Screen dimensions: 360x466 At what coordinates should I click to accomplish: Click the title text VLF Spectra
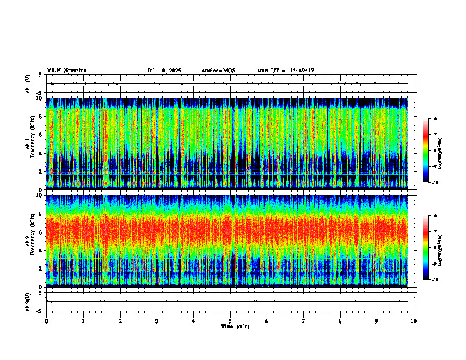66,71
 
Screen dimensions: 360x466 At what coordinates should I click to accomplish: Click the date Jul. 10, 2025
164,71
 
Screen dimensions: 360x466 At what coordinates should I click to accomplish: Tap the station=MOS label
218,71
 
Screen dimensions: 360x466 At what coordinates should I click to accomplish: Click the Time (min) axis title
235,326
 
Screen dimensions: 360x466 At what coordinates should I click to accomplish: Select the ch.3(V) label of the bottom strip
29,301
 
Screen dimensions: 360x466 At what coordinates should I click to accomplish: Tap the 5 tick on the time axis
230,321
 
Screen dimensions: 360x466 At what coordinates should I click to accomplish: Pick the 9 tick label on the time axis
377,321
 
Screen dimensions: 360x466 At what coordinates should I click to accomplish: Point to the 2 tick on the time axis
120,321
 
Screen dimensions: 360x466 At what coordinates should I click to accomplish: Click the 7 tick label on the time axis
304,321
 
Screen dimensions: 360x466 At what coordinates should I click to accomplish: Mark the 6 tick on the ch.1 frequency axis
39,135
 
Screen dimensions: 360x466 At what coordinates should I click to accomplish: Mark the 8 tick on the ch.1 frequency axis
39,116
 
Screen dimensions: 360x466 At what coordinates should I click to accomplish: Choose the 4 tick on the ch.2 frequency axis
39,250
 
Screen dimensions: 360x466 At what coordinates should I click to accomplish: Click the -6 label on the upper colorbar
434,119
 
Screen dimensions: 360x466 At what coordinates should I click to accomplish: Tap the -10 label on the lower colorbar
435,279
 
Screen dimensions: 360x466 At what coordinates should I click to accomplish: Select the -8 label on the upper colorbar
434,151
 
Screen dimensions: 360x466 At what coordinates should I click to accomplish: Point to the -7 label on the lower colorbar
434,232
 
